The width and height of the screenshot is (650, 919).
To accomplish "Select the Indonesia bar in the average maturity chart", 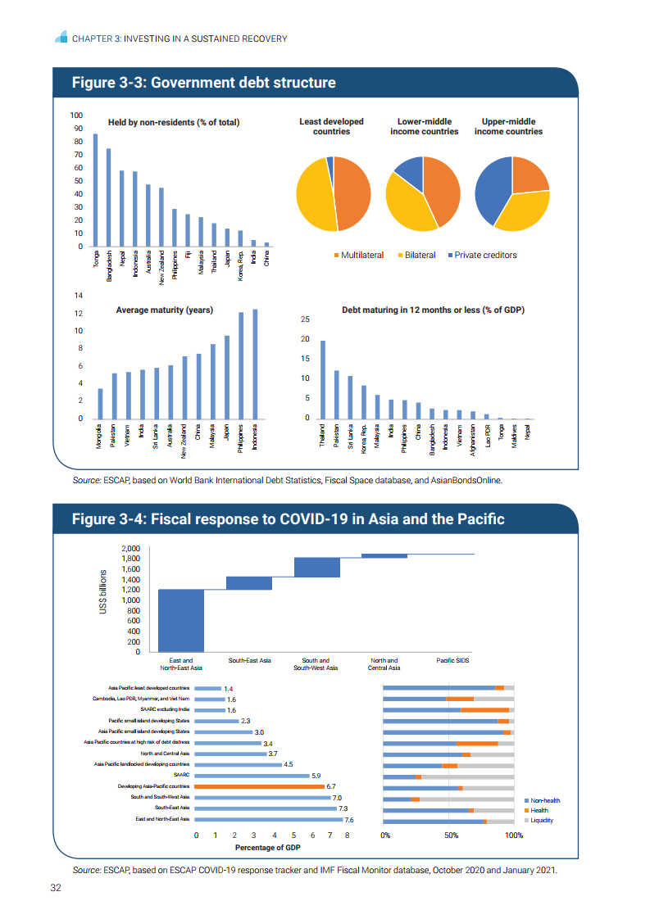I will click(x=255, y=364).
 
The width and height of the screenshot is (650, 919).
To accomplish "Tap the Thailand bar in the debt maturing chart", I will click(x=323, y=380).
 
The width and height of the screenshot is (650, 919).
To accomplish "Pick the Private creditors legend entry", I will click(x=485, y=255).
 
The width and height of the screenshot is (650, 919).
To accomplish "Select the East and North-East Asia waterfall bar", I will click(x=181, y=620).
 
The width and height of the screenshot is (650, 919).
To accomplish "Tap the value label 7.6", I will click(x=349, y=819).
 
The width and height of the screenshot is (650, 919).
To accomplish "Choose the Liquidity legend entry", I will click(x=541, y=820).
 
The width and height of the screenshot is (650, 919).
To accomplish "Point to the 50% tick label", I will click(x=450, y=835).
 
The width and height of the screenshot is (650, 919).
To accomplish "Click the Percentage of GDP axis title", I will click(x=268, y=848).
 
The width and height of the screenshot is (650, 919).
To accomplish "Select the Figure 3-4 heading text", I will click(x=288, y=519).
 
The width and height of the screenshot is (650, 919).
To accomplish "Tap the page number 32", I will click(x=57, y=888).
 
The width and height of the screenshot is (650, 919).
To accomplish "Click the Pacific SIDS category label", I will click(x=452, y=660).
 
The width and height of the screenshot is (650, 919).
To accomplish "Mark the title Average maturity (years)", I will click(x=164, y=310).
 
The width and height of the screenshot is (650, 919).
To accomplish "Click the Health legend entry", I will click(x=539, y=810).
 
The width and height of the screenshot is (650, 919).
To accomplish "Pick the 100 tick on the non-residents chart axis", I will click(x=77, y=115).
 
